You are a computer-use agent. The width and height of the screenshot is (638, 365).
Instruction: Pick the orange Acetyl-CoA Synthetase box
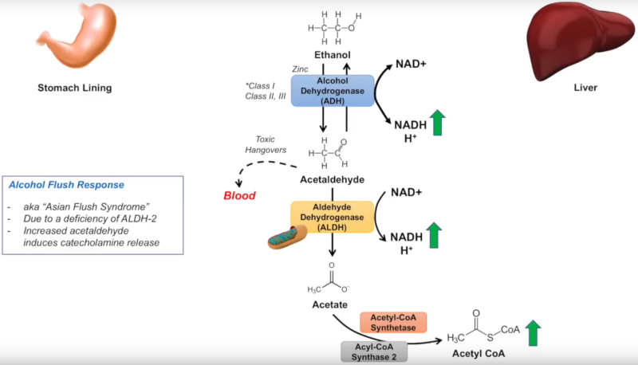coord(393,322)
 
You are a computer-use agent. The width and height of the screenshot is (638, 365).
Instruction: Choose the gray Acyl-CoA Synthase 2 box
coord(374,351)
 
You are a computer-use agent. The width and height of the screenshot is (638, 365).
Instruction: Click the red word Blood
coord(238,196)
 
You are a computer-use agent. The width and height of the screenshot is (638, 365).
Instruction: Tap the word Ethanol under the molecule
coord(333,56)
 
